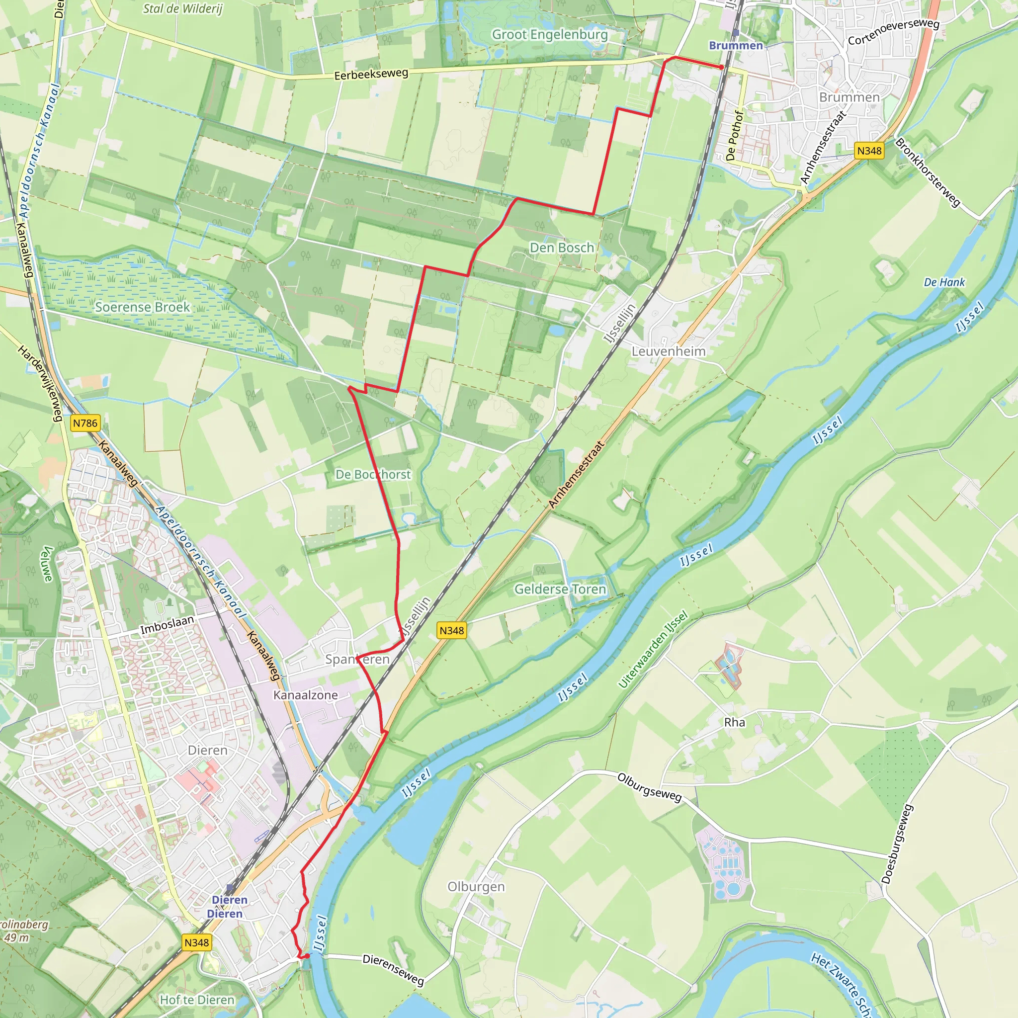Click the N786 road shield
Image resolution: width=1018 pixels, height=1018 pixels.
(85, 423)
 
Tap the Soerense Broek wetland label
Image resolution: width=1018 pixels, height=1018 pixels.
(142, 307)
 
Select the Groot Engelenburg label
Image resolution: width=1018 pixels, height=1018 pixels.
(550, 35)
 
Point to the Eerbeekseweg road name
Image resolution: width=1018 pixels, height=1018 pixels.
(371, 74)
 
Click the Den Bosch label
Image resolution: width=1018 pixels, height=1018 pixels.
(562, 248)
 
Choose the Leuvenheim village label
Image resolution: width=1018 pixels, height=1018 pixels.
(668, 351)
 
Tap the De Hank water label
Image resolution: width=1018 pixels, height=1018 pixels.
(944, 282)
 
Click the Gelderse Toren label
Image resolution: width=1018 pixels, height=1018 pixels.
(560, 589)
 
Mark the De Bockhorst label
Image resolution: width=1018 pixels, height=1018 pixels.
(373, 475)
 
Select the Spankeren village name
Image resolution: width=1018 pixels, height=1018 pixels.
(357, 660)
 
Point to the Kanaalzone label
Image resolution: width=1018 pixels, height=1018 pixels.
(306, 695)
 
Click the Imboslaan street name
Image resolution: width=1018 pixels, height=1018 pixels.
(167, 625)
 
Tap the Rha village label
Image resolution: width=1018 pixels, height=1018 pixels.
(735, 722)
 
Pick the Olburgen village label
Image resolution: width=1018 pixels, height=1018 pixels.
(476, 887)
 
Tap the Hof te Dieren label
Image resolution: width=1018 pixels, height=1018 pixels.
(197, 1000)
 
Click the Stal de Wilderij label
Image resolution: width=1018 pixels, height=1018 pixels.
(183, 8)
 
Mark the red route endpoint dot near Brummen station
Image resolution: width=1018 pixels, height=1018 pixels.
(722, 68)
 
